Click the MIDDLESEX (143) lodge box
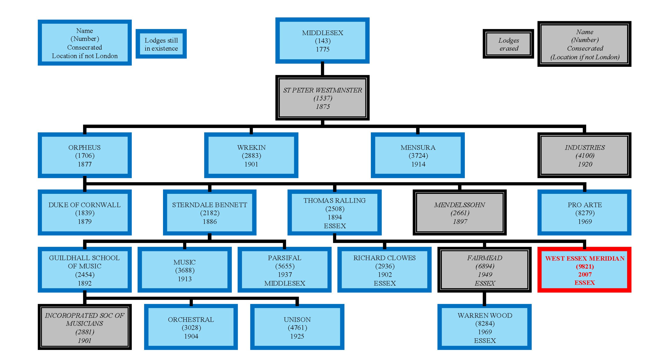(x=322, y=41)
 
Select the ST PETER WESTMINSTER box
(x=322, y=98)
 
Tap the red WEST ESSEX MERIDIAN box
(x=584, y=270)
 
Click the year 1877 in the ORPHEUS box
(x=85, y=164)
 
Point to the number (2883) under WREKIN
(x=251, y=156)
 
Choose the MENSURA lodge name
(x=418, y=147)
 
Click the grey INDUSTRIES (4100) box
(x=584, y=155)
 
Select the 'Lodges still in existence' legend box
(x=161, y=44)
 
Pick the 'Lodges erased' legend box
(x=508, y=44)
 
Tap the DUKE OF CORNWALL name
(x=85, y=205)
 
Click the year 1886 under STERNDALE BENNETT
(x=210, y=222)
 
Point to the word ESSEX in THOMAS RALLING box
(x=335, y=226)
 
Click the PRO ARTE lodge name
(x=584, y=205)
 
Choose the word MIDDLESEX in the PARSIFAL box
(x=285, y=283)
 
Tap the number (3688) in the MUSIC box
(x=185, y=270)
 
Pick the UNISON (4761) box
(x=297, y=327)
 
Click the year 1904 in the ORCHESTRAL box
(x=191, y=336)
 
